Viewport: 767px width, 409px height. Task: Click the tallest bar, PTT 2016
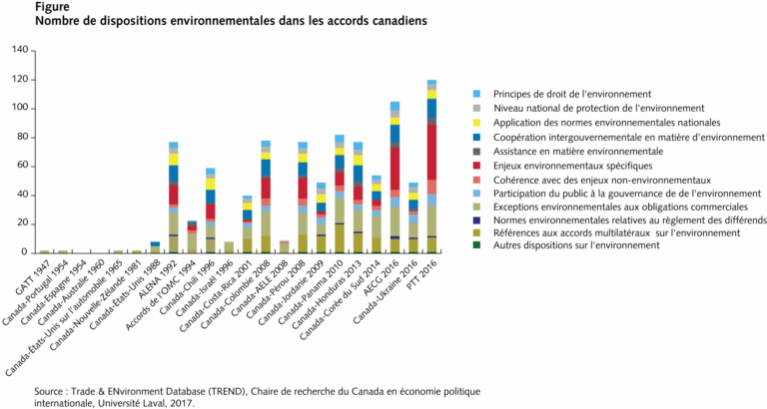point(431,170)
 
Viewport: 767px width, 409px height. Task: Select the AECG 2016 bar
point(394,180)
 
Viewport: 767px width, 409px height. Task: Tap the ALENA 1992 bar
point(174,200)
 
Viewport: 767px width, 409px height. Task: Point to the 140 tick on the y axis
point(19,50)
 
